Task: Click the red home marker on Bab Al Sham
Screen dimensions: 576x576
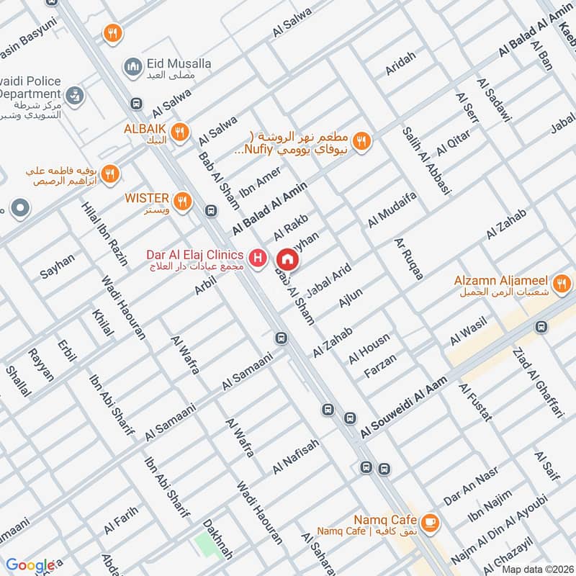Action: click(x=287, y=258)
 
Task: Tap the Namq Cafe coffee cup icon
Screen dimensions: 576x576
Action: click(x=430, y=523)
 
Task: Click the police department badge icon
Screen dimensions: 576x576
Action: click(x=73, y=94)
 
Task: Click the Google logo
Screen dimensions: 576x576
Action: click(x=31, y=565)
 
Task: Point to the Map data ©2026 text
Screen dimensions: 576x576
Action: click(x=536, y=569)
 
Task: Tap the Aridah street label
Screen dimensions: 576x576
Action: click(x=400, y=63)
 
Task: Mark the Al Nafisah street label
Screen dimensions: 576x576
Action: click(x=295, y=458)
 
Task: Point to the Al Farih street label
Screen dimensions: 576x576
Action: click(x=120, y=520)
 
